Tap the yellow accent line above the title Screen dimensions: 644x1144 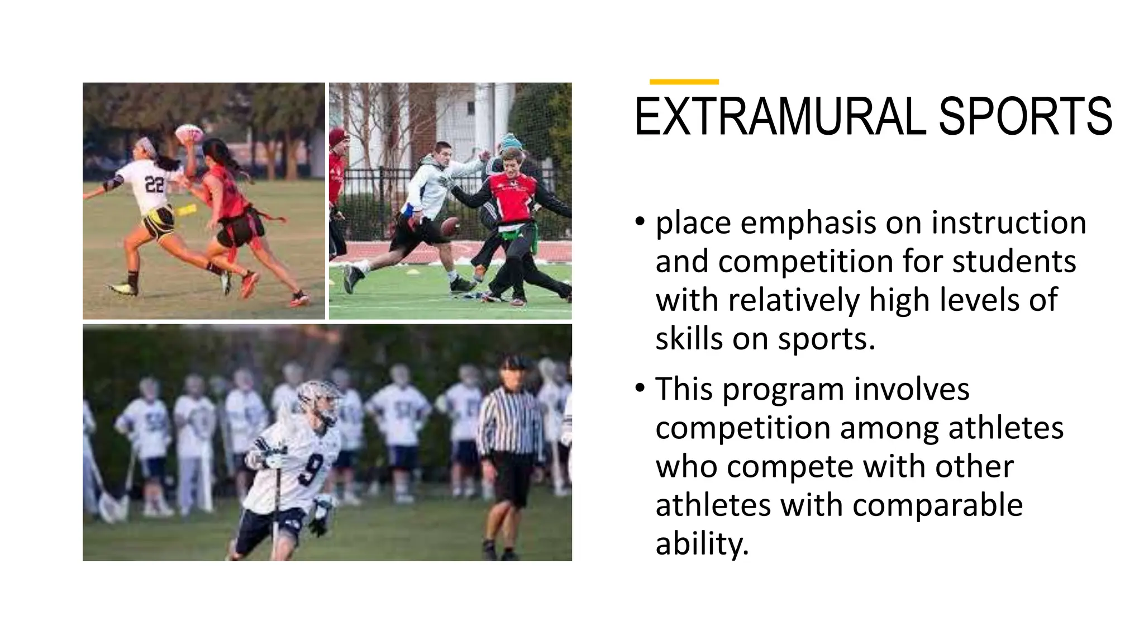(x=684, y=82)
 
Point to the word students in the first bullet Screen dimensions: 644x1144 (x=1014, y=262)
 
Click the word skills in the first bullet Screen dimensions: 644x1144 (x=688, y=339)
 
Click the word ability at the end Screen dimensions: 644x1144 (x=701, y=543)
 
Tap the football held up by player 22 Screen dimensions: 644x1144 (x=189, y=134)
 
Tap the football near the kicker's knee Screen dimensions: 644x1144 (x=449, y=226)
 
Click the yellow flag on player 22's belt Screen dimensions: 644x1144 (x=187, y=210)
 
